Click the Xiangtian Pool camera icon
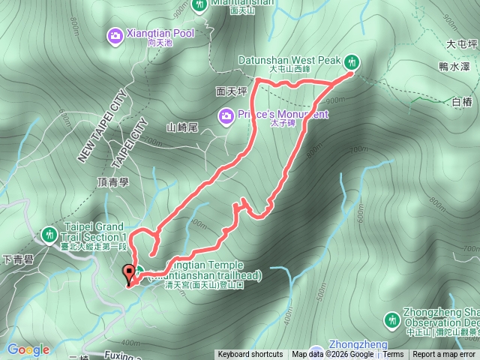(115, 34)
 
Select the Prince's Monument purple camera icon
(226, 115)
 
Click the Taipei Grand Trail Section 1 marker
(49, 234)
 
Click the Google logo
(28, 349)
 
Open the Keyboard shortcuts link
(250, 355)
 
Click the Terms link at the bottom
(393, 355)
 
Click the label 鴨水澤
(455, 67)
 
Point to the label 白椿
(462, 101)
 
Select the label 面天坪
(230, 91)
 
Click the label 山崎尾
(181, 127)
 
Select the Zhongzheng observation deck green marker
(391, 321)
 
